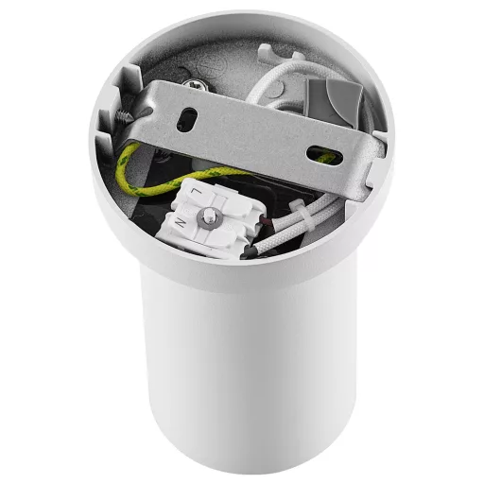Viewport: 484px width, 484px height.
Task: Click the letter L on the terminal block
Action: click(x=196, y=193)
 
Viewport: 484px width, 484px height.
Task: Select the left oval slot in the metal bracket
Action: click(x=189, y=117)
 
